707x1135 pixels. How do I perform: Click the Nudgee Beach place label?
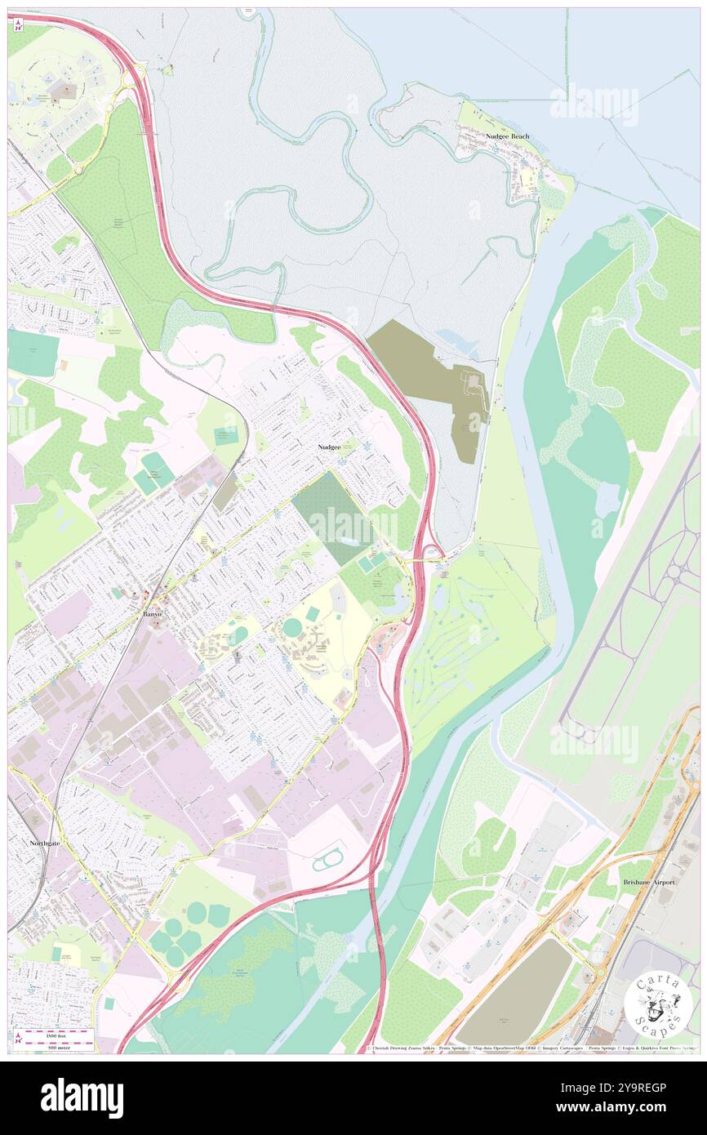point(507,136)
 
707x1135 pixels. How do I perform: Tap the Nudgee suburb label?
point(330,447)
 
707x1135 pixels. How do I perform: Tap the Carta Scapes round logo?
point(658,1004)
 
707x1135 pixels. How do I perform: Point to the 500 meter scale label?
point(38,1044)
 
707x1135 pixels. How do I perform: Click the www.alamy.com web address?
point(625,1108)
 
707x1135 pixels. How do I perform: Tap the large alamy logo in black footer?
point(82,1097)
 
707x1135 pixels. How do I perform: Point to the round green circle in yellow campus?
point(291,628)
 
